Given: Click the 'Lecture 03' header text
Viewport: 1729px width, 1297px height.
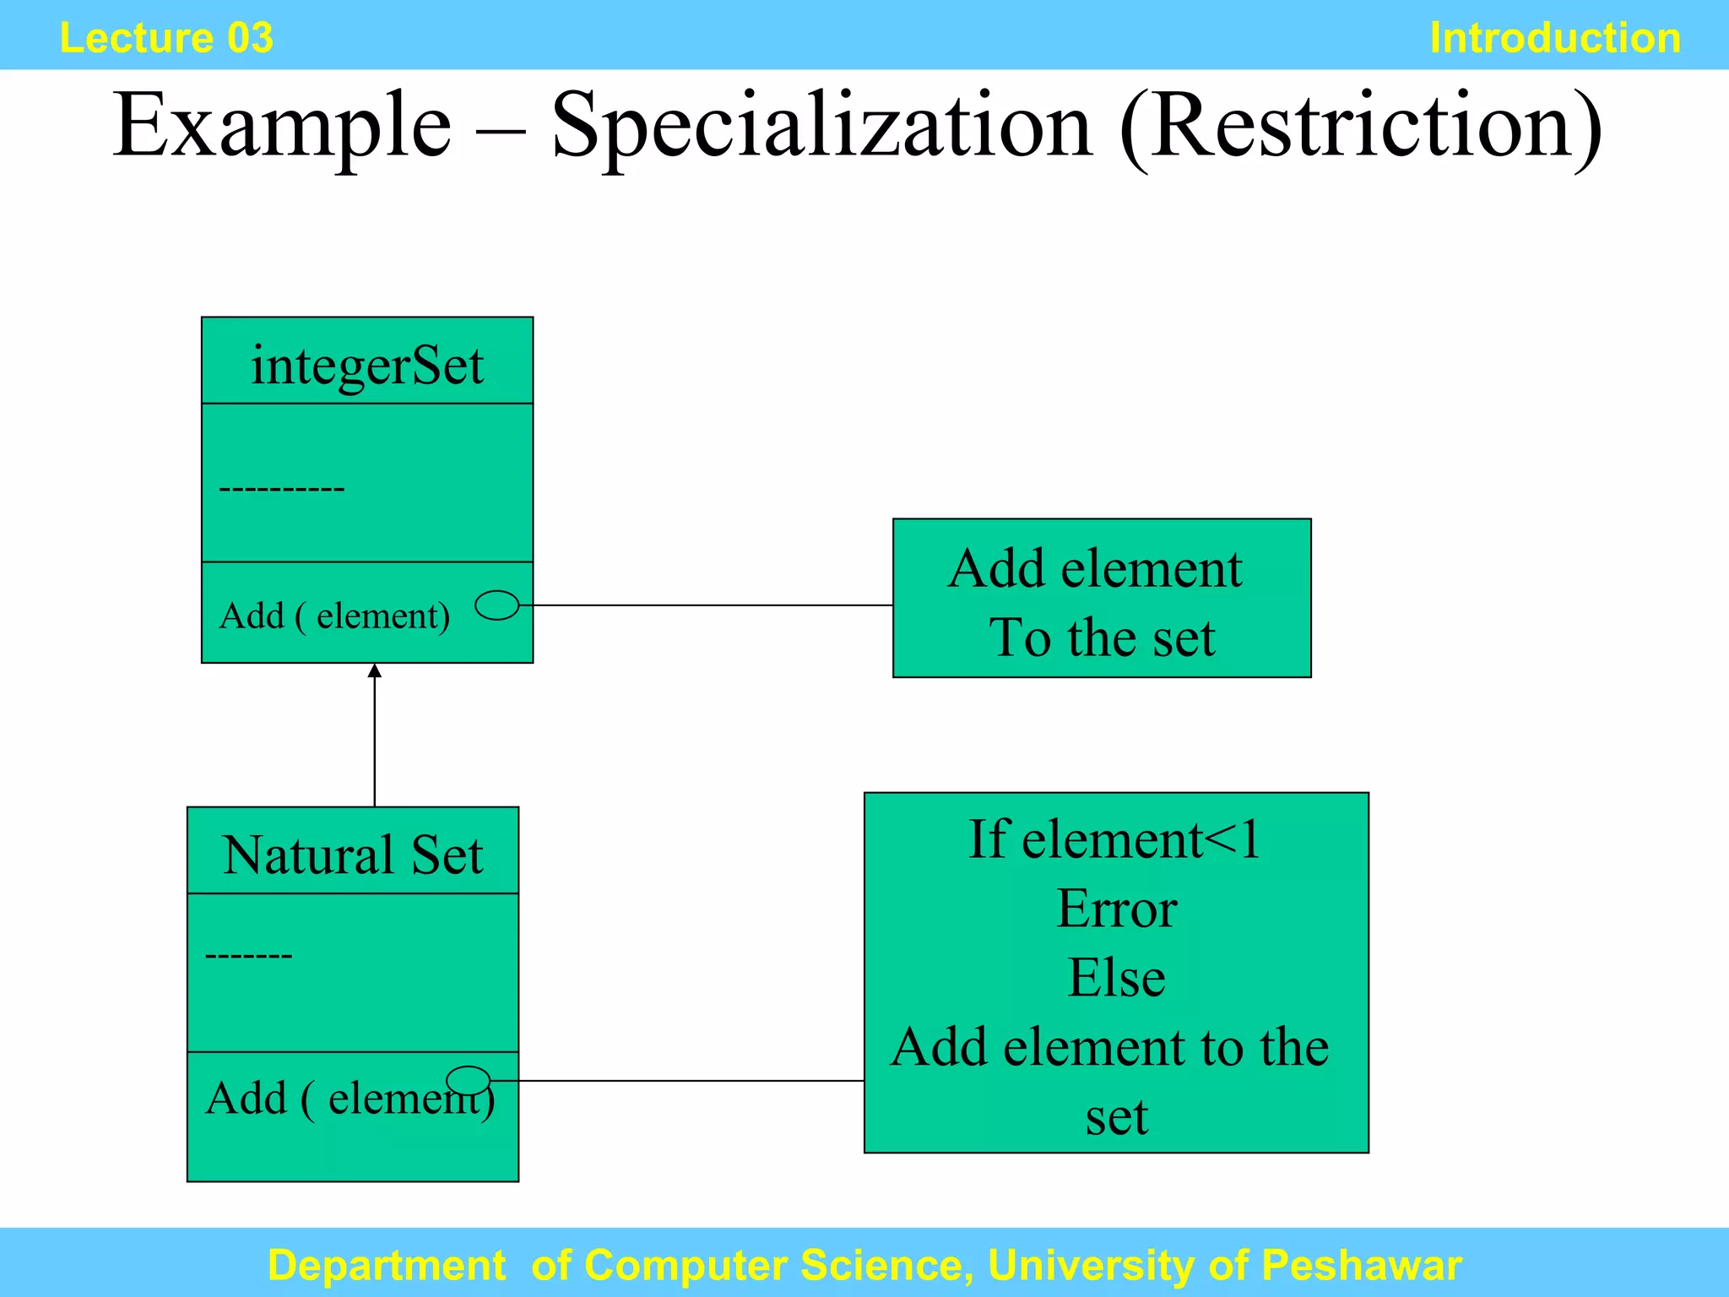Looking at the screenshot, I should point(166,38).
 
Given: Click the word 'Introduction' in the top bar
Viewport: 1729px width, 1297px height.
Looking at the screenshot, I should point(1554,38).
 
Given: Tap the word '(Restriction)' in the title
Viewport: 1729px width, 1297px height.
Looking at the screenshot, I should point(1360,127).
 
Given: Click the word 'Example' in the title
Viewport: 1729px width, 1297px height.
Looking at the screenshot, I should point(282,127).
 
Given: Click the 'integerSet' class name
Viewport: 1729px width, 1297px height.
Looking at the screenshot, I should point(367,366).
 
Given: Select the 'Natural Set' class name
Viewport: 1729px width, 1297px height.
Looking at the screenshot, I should point(353,855).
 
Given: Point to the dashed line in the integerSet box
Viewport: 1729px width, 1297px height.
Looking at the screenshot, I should point(281,489).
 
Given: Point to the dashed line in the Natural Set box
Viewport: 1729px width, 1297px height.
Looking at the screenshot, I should point(248,956).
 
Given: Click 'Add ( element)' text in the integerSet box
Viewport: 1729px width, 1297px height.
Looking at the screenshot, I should point(334,616).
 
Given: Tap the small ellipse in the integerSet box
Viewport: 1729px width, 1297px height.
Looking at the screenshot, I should point(497,605).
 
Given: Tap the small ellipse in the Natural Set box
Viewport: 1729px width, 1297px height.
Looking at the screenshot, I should point(468,1080).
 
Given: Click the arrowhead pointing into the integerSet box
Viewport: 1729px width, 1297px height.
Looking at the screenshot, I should point(375,671).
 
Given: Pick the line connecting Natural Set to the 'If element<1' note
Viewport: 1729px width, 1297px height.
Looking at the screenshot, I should point(675,1080).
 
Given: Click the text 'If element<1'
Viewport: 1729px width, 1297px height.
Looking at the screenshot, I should point(1114,839).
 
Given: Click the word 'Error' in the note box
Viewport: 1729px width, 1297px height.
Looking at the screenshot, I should point(1116,909).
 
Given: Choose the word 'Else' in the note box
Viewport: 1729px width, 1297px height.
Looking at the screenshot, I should point(1116,978).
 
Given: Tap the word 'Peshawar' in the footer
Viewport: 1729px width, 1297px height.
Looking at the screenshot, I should point(1361,1265).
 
